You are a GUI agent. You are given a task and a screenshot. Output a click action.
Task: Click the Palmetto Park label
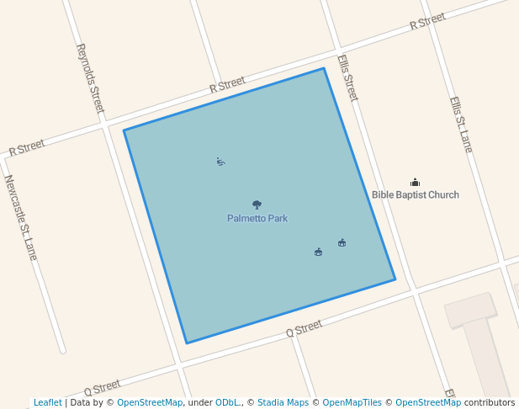coord(257,219)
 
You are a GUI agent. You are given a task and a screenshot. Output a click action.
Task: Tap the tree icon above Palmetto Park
coord(257,204)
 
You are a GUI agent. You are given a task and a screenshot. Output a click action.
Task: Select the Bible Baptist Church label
coord(416,195)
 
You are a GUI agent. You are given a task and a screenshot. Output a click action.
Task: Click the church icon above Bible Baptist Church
coord(415,182)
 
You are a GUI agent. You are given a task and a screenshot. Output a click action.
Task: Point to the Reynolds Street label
coord(90,78)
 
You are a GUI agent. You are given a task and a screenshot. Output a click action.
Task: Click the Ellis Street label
coord(347,77)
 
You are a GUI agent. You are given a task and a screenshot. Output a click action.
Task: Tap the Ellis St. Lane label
coord(460,125)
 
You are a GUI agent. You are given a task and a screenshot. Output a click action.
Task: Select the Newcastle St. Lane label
coord(21,216)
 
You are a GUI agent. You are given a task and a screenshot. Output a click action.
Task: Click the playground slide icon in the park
coord(220,162)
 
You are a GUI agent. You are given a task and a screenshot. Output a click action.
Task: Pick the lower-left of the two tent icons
coord(318,252)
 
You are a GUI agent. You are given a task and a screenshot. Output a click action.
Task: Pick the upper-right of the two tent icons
coord(342,243)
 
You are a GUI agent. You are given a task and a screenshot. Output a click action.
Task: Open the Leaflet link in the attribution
coord(47,403)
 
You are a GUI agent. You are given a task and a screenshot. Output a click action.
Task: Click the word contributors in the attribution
coord(490,403)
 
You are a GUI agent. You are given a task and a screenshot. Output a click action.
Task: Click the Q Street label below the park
coord(305,328)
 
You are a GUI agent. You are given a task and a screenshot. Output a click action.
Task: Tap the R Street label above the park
coord(227,84)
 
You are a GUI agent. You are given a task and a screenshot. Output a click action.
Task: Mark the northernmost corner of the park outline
coord(324,68)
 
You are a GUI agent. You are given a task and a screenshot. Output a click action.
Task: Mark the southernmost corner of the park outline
coord(187,343)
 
